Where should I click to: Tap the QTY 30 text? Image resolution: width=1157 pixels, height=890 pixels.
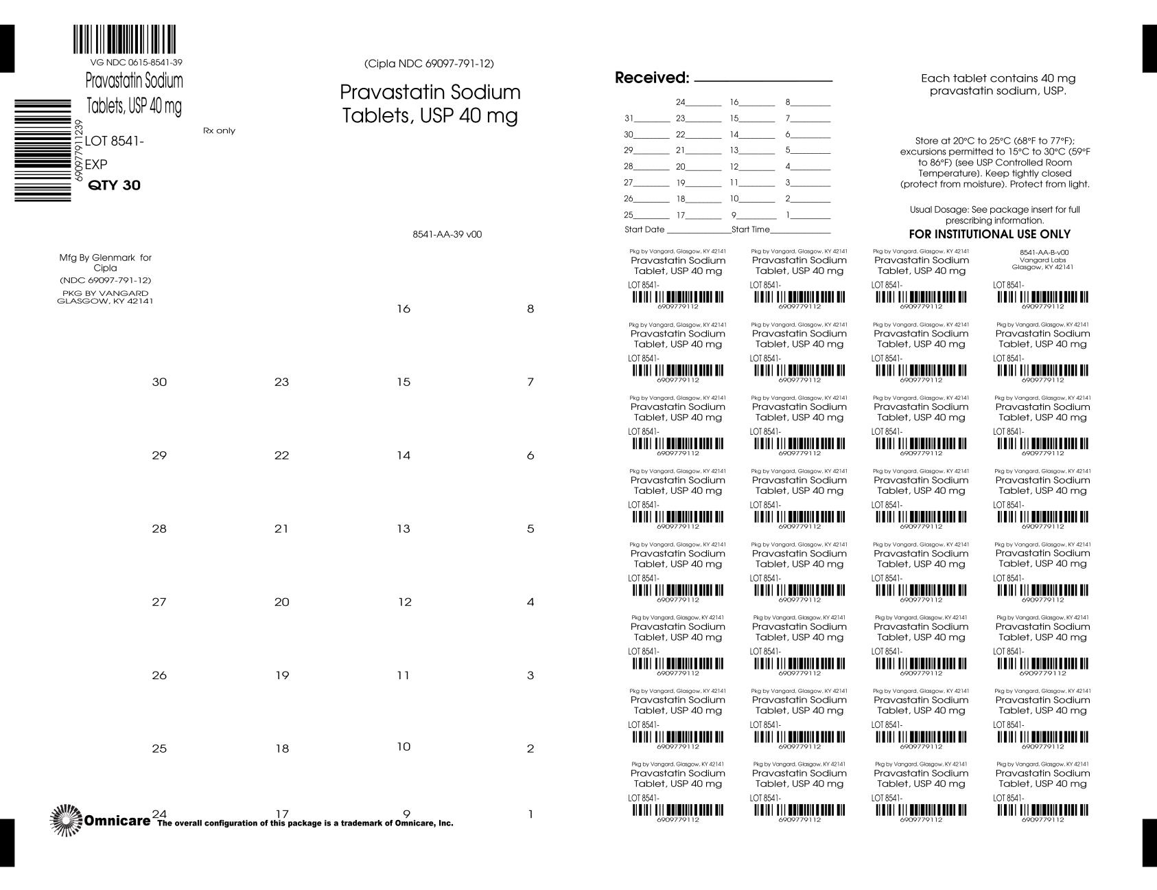(115, 185)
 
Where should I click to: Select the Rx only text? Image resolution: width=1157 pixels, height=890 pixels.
(219, 130)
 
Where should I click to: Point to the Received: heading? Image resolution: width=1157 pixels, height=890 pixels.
(651, 78)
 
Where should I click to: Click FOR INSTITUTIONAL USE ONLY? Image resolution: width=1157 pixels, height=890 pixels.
(990, 234)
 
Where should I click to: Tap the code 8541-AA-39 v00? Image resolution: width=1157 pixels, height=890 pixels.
(447, 234)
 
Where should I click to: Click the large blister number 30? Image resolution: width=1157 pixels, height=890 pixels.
(159, 382)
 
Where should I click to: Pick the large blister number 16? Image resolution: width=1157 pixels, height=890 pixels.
(404, 309)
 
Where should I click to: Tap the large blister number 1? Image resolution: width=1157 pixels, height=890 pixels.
(530, 814)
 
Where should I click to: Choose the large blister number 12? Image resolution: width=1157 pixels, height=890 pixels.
(405, 602)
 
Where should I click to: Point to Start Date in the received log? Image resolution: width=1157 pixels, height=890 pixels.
(644, 229)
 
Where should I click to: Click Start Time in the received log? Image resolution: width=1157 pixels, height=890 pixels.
(751, 229)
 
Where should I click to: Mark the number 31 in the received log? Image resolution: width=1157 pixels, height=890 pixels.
(629, 118)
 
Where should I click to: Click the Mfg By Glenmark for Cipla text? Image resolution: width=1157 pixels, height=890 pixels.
(105, 262)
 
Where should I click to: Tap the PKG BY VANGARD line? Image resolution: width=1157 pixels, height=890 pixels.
(105, 293)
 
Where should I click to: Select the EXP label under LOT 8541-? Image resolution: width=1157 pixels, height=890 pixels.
(96, 165)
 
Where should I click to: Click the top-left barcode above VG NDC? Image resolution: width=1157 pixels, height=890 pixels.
(124, 40)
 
